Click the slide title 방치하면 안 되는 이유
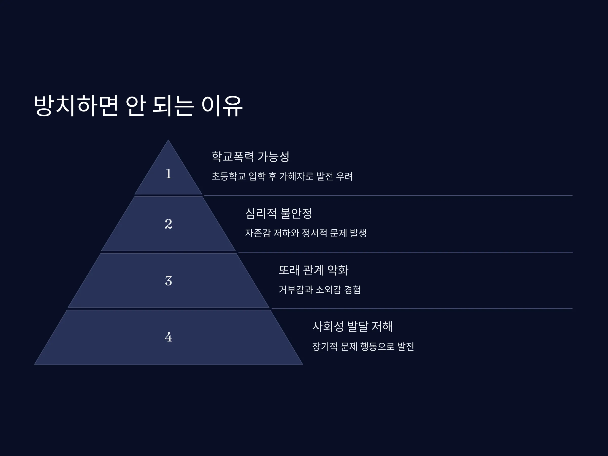click(x=138, y=106)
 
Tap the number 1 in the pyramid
click(x=168, y=174)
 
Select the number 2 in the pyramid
click(x=168, y=224)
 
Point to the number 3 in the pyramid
click(x=168, y=281)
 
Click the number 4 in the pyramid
click(x=168, y=337)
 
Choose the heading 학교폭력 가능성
click(x=250, y=156)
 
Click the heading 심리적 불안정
click(x=278, y=213)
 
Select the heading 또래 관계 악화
click(x=313, y=270)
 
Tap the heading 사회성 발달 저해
click(x=352, y=327)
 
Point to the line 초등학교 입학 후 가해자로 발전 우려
click(x=282, y=176)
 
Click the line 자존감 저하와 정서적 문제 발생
click(x=306, y=233)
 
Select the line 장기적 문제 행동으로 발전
click(x=363, y=346)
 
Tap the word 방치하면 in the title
click(x=76, y=106)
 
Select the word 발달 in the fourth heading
click(x=358, y=327)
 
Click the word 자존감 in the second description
click(x=258, y=233)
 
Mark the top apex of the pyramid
click(x=168, y=140)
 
